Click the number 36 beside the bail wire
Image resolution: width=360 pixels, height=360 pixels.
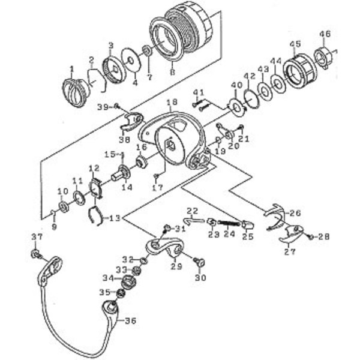coord(130,320)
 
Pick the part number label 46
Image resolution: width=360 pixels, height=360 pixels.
coord(325,33)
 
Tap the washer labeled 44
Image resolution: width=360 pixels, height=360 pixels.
coord(278,83)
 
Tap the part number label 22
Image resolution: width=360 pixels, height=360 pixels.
coord(192,211)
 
